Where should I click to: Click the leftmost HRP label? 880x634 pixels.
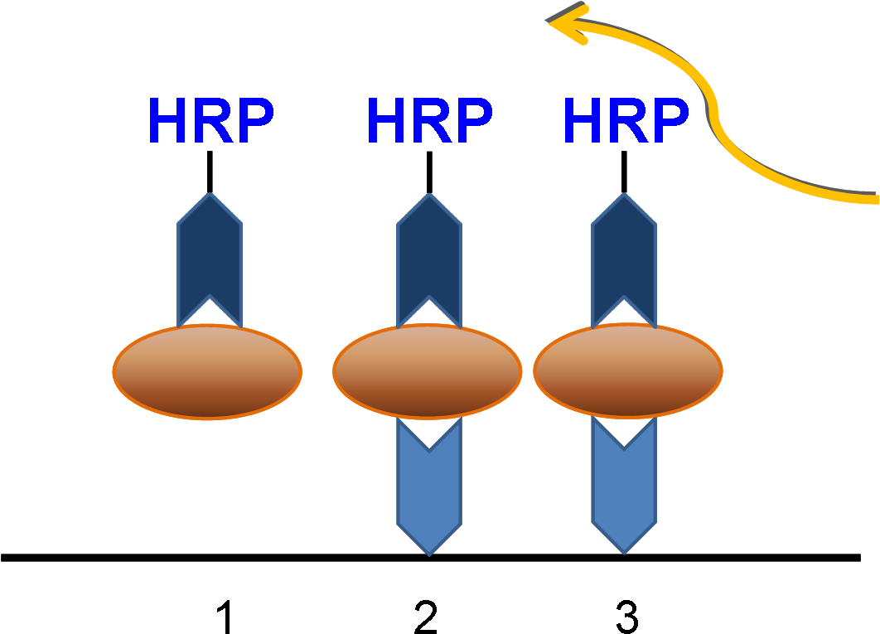[210, 122]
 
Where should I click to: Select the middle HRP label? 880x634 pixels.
[428, 122]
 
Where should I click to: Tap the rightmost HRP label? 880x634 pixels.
[625, 122]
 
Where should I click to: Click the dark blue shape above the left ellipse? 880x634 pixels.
[210, 249]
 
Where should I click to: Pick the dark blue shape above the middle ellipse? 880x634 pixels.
[429, 249]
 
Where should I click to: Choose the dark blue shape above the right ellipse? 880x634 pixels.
[624, 249]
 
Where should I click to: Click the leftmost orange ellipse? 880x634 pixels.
[207, 372]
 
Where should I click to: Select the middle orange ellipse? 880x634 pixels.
[428, 372]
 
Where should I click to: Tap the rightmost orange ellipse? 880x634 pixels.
[628, 372]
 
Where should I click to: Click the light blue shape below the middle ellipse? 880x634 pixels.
[429, 493]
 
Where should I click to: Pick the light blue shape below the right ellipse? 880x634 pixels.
[624, 493]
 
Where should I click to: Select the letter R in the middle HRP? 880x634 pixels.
[429, 122]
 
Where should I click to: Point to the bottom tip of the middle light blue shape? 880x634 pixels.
[429, 551]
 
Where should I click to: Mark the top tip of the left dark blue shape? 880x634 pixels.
[210, 196]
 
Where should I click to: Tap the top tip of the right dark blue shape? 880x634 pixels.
[624, 196]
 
